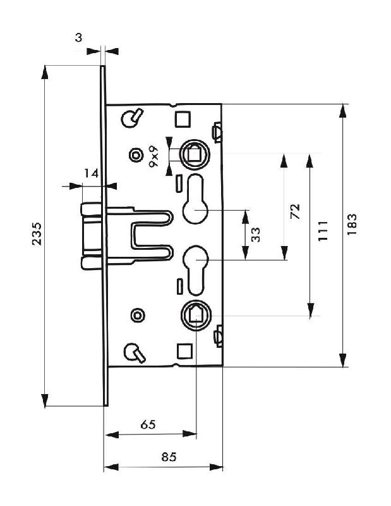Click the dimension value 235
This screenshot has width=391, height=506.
(x=37, y=235)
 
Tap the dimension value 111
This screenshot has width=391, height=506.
(x=322, y=232)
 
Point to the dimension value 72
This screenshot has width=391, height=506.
(x=295, y=211)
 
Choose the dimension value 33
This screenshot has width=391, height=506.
(x=256, y=235)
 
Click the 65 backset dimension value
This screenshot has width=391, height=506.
(x=148, y=424)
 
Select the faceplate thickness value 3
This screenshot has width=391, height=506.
(x=78, y=37)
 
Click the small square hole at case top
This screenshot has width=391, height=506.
(x=183, y=119)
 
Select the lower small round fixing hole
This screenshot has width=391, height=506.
(x=136, y=314)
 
